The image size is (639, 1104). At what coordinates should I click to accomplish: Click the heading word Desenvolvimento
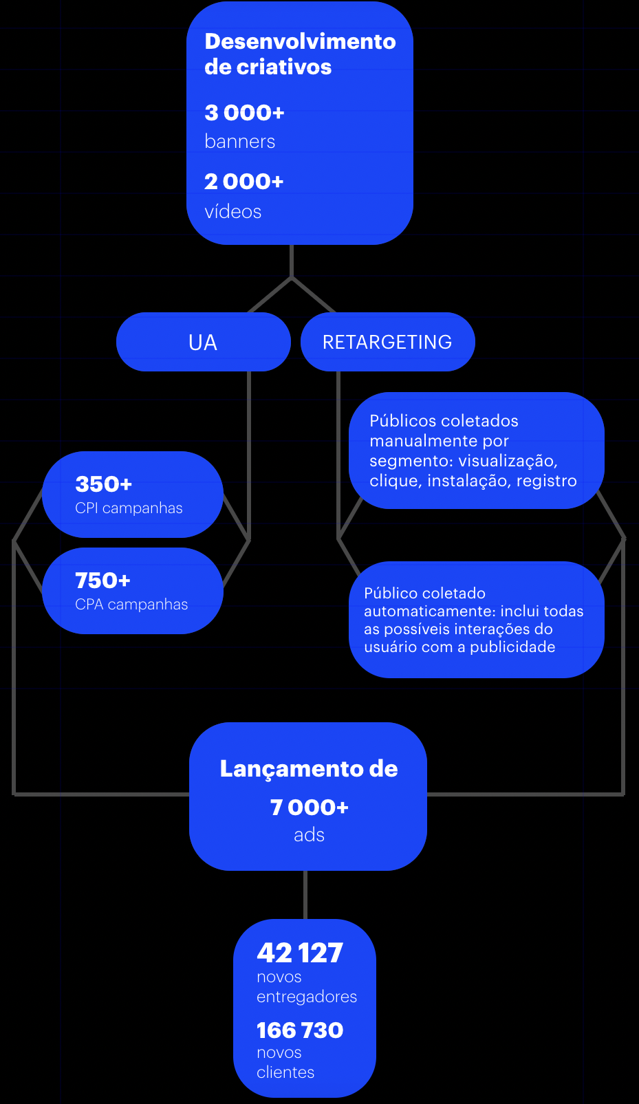[300, 41]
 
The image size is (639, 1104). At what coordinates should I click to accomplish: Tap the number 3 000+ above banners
[244, 112]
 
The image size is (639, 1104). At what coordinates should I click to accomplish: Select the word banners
[239, 142]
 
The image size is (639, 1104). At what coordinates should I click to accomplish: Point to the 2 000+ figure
[243, 182]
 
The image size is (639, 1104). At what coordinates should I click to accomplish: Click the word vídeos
[232, 212]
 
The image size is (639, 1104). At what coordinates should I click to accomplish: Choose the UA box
[203, 342]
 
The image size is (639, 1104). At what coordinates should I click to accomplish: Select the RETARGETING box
[387, 342]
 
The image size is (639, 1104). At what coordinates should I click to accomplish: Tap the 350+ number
[103, 484]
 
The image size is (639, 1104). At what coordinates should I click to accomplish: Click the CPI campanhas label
[129, 508]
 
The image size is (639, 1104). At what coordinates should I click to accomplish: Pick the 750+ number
[102, 581]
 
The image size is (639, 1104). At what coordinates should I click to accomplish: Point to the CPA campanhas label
[131, 605]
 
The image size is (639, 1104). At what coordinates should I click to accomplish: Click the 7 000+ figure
[309, 807]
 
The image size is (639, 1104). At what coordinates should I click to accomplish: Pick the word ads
[309, 835]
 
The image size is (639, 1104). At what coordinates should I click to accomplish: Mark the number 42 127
[299, 953]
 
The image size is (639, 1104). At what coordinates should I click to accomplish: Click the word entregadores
[307, 997]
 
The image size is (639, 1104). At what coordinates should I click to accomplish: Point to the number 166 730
[299, 1030]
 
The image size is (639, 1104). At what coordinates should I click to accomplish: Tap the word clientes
[285, 1072]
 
